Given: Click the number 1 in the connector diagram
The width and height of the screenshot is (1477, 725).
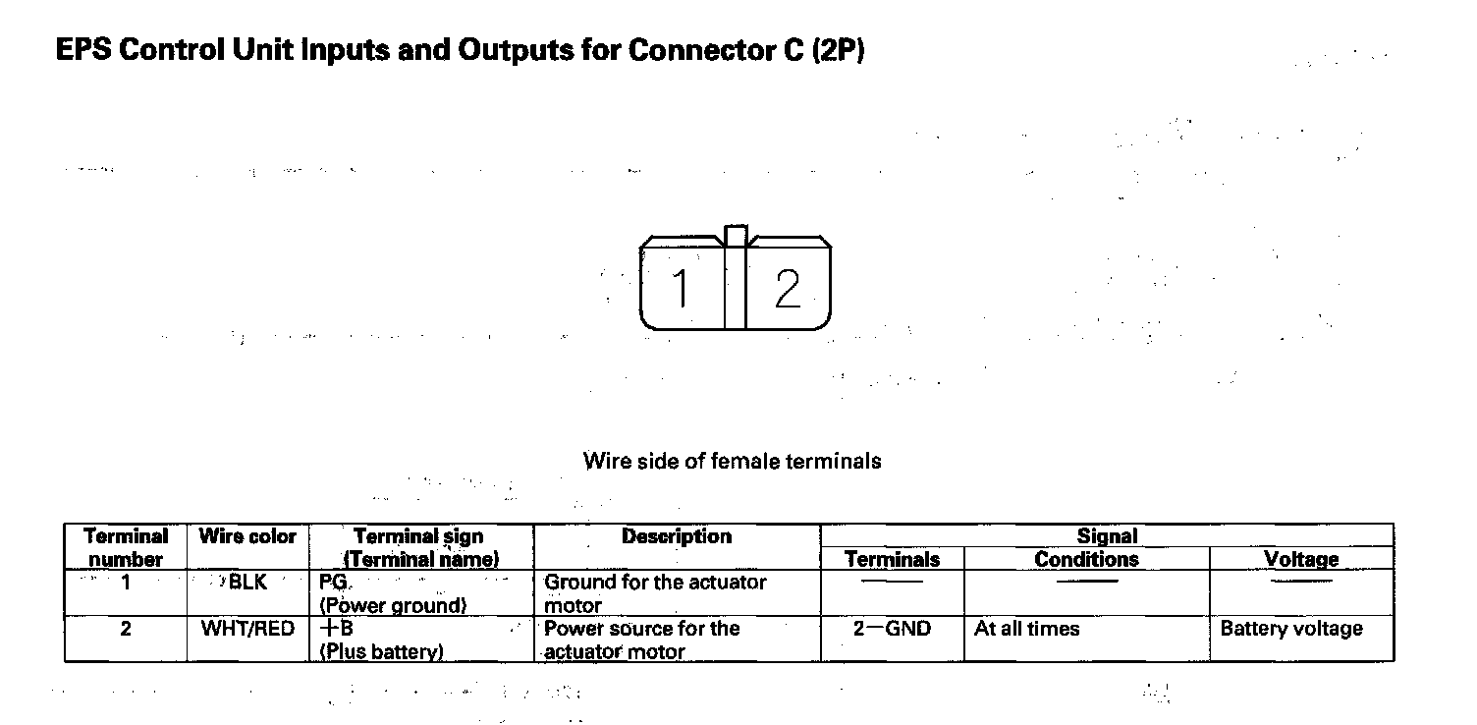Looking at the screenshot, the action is point(681,289).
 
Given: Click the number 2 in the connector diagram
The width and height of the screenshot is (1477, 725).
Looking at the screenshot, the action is point(788,289).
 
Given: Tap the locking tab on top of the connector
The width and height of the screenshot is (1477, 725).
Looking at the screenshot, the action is point(736,236).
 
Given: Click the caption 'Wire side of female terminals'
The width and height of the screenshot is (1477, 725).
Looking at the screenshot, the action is point(732,461).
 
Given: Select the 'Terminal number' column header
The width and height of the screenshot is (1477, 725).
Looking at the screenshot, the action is point(125,547).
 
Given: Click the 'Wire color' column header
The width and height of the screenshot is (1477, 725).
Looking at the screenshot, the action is point(247,536).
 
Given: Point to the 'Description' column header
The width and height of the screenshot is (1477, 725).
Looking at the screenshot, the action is point(677,536).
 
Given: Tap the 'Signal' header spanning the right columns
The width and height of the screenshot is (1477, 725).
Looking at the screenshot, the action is point(1107,535).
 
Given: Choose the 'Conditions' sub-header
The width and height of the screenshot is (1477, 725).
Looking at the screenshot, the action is point(1086,559).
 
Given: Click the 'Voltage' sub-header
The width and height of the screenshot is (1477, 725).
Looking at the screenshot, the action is point(1301,559).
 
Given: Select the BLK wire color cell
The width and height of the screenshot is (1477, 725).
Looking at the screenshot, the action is point(247,583).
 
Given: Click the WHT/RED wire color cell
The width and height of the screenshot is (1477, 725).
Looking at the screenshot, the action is point(247,629).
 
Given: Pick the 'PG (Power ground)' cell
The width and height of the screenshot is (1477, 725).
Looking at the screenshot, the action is point(393,593).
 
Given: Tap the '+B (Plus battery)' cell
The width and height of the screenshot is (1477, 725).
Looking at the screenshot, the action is point(381,640).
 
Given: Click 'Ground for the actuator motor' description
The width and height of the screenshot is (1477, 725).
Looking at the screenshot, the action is point(655,593).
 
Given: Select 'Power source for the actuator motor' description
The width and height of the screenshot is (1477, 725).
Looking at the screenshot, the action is point(641,640).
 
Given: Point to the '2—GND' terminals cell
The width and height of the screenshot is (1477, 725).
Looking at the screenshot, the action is point(892,629).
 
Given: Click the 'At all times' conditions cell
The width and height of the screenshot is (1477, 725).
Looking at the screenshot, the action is point(1026,629).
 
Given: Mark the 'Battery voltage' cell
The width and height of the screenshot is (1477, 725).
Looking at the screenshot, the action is point(1291,629).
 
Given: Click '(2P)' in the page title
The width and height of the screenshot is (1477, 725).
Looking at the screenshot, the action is point(838,51).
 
